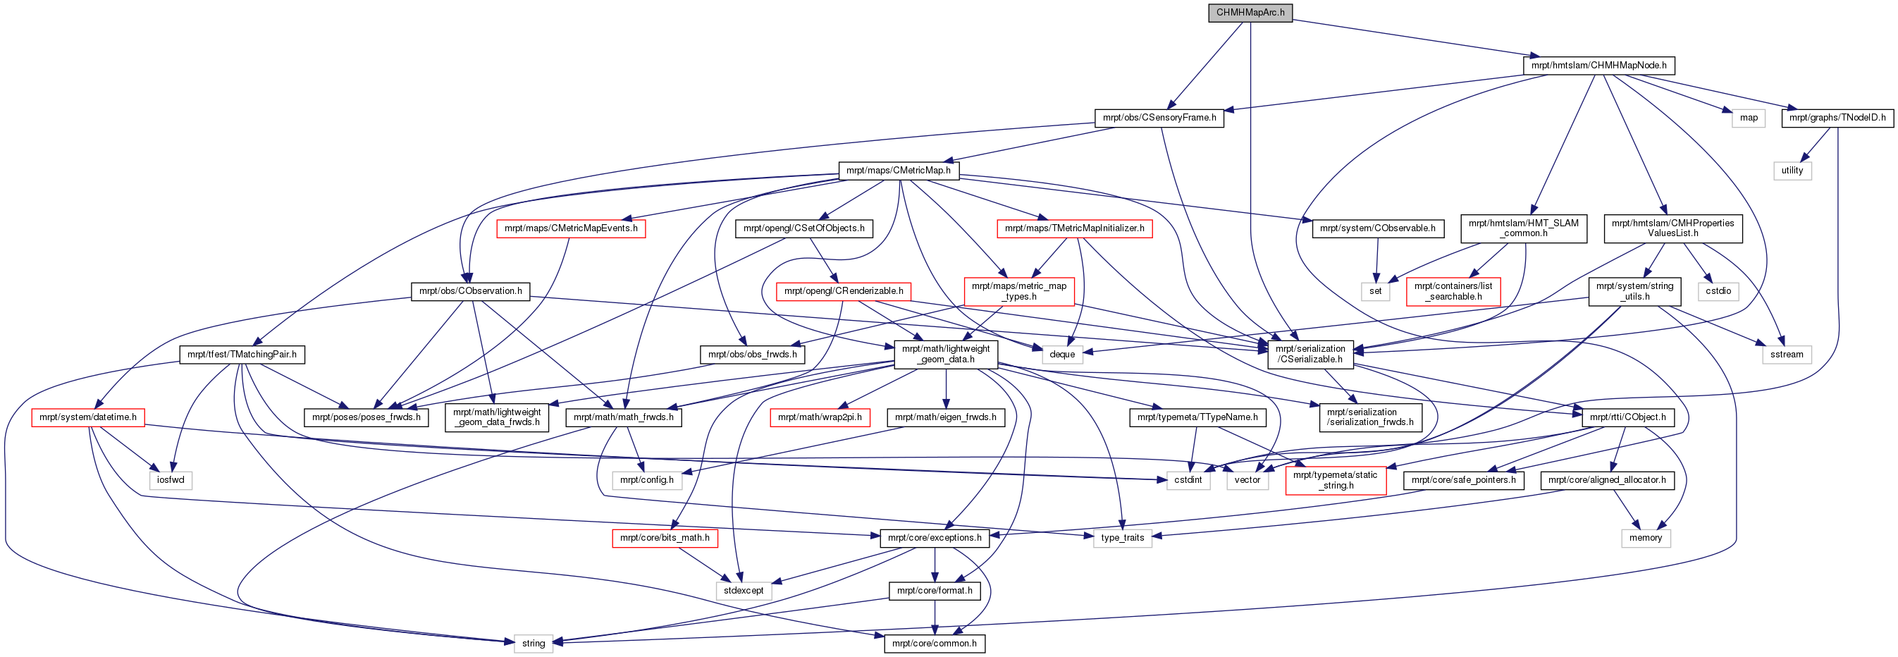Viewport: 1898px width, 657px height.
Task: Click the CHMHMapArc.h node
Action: point(1250,13)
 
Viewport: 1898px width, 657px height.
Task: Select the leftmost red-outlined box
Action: point(87,417)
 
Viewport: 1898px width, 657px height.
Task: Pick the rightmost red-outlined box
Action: point(1453,292)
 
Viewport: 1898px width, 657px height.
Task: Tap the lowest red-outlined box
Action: point(665,539)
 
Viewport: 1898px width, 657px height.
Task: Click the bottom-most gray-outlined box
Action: point(534,644)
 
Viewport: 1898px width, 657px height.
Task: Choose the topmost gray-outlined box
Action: point(1748,118)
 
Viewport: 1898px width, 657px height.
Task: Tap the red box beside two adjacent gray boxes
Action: point(1335,481)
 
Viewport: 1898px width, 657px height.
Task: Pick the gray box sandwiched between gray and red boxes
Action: point(1247,481)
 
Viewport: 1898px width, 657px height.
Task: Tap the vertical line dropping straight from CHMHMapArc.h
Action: point(1250,147)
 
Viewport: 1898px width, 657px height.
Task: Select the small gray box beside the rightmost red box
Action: point(1375,292)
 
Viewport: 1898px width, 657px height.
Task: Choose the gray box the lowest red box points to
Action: point(744,591)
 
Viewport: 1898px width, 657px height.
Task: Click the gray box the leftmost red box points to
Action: point(170,481)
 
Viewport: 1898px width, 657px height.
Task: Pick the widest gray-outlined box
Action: point(647,481)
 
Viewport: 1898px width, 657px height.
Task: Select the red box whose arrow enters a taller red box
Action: point(1074,229)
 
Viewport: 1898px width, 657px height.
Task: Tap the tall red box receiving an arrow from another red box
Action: point(1019,292)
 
